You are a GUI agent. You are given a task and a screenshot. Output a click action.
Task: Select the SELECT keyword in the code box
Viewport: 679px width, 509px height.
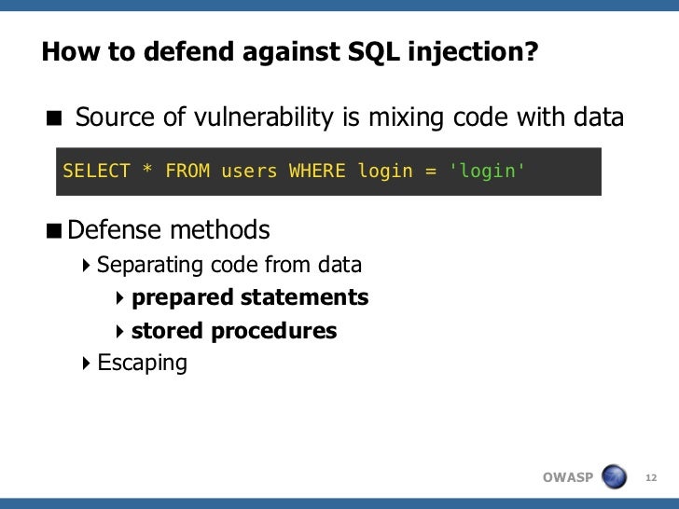point(96,171)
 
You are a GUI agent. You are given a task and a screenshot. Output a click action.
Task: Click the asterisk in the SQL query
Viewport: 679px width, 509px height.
point(147,171)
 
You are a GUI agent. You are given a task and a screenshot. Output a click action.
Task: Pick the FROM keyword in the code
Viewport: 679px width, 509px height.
point(187,171)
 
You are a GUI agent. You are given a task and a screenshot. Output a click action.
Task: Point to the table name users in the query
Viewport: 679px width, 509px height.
point(249,171)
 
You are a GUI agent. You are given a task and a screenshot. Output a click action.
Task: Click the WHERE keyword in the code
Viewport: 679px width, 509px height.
point(318,171)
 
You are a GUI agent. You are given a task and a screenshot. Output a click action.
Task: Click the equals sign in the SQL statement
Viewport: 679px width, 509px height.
point(430,171)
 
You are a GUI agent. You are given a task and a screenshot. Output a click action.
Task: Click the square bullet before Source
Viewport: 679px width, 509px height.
point(55,119)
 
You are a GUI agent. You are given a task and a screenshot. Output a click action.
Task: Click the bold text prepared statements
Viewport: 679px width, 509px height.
point(250,297)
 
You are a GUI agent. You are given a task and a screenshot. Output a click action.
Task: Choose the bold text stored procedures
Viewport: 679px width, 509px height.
point(234,331)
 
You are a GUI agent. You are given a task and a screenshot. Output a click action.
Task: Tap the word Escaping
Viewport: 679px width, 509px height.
point(142,363)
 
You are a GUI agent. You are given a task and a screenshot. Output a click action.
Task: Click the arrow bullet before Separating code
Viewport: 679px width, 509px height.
point(87,265)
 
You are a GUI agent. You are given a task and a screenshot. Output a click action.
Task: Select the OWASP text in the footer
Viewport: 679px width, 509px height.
point(567,478)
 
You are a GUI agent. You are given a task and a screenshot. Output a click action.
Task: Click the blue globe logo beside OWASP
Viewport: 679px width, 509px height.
point(615,477)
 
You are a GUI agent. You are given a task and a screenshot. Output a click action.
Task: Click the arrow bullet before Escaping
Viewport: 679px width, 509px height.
point(87,363)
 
